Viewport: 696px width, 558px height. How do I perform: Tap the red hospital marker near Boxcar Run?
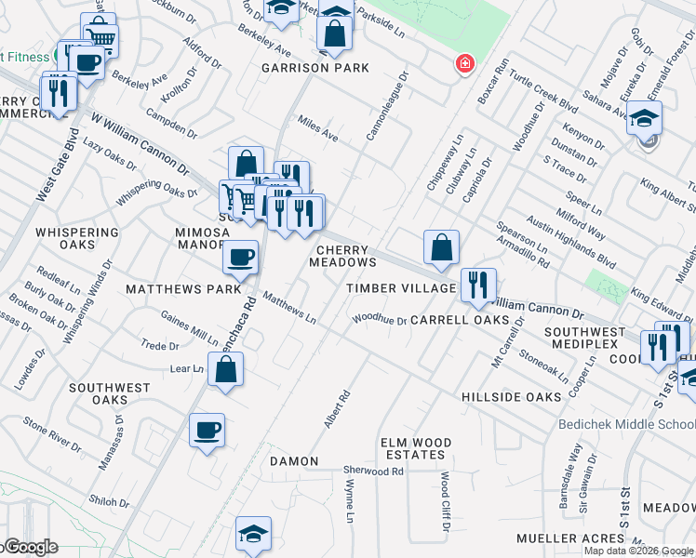point(462,63)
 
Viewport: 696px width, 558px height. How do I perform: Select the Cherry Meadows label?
point(342,256)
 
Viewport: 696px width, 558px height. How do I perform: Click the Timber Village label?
point(401,289)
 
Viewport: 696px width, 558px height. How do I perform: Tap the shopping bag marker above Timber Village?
point(441,247)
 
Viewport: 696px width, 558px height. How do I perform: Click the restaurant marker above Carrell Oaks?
point(478,286)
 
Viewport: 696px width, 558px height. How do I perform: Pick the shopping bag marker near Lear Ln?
point(226,369)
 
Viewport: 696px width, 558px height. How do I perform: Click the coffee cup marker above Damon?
point(207,431)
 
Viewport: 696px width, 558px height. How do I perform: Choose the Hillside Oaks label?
point(512,397)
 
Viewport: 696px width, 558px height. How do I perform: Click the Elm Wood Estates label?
point(416,448)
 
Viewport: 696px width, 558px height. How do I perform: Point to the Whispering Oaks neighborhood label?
point(77,238)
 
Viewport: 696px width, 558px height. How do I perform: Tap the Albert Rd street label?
point(337,409)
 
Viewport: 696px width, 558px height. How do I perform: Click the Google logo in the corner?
point(30,547)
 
